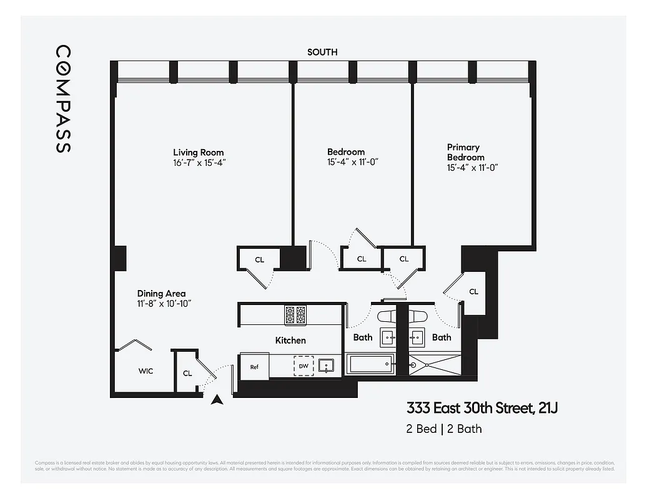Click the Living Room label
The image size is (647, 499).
point(198,152)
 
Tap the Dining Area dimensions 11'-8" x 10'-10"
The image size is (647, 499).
point(164,303)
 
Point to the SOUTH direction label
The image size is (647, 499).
point(322,52)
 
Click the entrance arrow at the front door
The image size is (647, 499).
point(217,400)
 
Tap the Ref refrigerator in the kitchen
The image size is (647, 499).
point(254,367)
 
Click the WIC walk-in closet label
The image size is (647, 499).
point(146,371)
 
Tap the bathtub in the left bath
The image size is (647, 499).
point(370,364)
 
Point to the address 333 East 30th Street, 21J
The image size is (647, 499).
point(482,409)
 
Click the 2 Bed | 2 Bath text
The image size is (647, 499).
point(443,429)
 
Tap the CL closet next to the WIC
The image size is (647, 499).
point(187,373)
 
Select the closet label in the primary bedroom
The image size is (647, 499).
point(473,291)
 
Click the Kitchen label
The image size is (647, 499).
point(290,340)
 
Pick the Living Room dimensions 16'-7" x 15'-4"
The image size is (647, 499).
point(198,162)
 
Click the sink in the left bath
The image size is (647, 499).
point(388,337)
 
